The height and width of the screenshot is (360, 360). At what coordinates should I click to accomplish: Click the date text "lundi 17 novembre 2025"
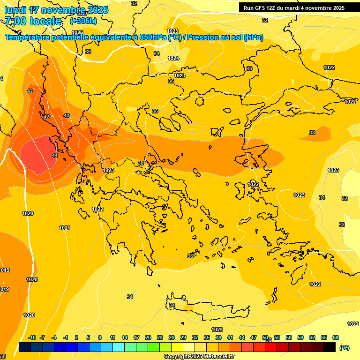point(56,10)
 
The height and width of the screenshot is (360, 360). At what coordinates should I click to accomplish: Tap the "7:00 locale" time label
point(33,21)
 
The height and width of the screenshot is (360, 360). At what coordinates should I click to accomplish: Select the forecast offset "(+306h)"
point(83,21)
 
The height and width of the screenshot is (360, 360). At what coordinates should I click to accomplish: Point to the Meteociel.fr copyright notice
point(199,357)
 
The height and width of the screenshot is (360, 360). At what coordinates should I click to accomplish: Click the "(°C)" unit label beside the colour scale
point(344,348)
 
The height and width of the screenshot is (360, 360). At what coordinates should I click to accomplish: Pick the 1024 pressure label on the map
point(173,58)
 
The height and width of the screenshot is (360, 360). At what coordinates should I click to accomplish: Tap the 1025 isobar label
point(172,31)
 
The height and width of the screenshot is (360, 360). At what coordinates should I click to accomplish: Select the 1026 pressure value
point(78,32)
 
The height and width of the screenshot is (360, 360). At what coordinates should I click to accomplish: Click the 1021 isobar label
point(65,228)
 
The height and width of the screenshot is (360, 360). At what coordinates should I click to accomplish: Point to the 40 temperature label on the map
point(67,115)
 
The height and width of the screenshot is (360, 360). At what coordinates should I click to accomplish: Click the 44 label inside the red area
point(55,155)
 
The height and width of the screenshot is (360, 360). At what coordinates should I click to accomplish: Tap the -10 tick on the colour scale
point(32,337)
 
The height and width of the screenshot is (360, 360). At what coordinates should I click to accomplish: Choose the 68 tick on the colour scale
point(336,337)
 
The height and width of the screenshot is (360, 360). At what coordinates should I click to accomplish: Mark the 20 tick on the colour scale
point(148,337)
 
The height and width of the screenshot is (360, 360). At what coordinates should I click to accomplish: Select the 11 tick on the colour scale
point(112,337)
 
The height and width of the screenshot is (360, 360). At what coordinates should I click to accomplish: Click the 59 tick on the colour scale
point(300,337)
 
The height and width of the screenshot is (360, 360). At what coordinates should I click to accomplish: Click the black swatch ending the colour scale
point(330,347)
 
